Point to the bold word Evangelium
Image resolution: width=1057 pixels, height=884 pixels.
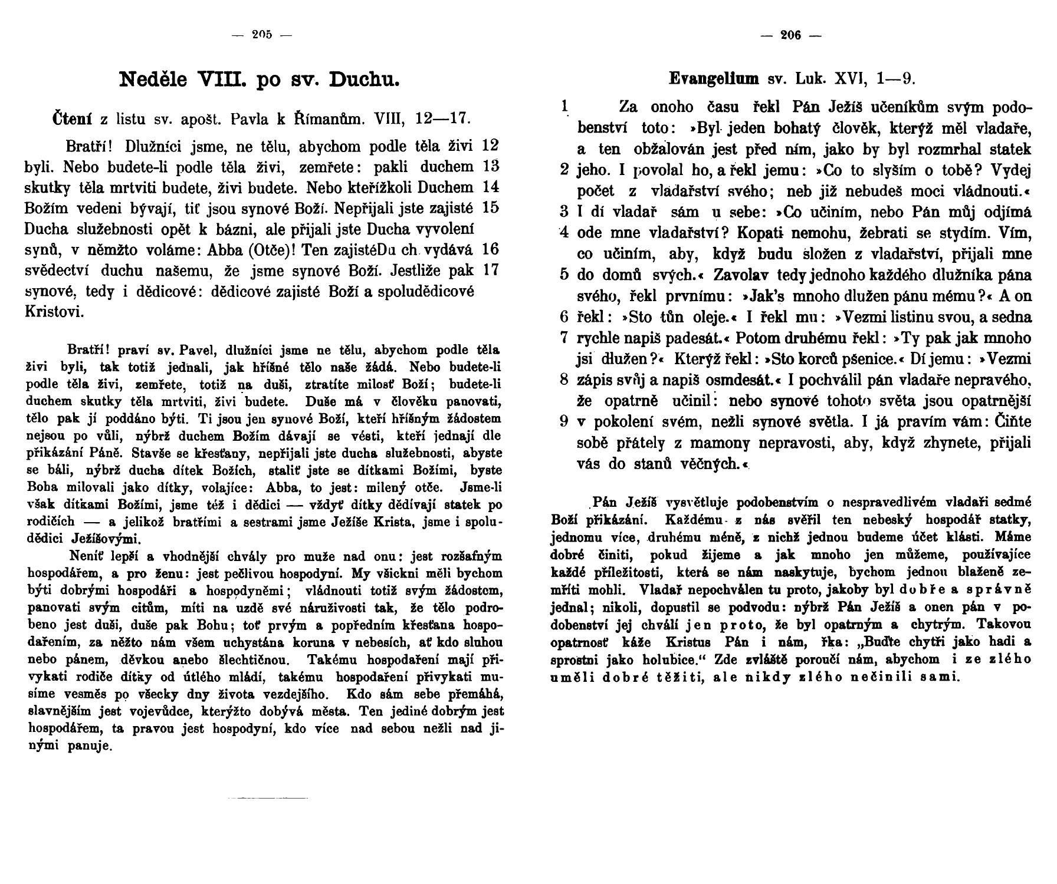pyautogui.click(x=714, y=78)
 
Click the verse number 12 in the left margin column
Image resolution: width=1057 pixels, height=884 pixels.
pyautogui.click(x=490, y=145)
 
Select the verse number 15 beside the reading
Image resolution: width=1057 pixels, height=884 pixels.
pyautogui.click(x=490, y=207)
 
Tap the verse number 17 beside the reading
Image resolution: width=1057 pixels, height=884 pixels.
pyautogui.click(x=490, y=270)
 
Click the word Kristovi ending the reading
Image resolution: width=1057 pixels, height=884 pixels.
pyautogui.click(x=54, y=312)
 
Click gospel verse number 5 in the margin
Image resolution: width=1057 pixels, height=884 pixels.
pyautogui.click(x=564, y=275)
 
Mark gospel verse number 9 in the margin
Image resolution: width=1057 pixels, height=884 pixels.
pyautogui.click(x=564, y=421)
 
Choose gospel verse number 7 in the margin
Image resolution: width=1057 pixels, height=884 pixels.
pyautogui.click(x=564, y=338)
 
